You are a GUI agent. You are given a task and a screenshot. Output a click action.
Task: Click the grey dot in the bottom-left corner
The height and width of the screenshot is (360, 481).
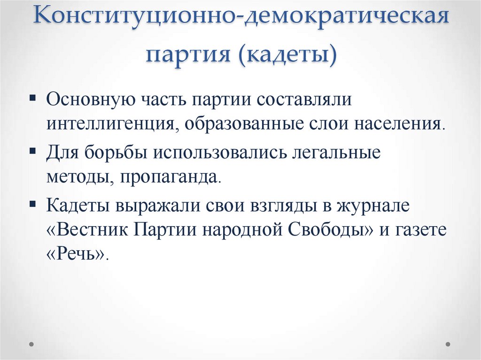[x=32, y=344]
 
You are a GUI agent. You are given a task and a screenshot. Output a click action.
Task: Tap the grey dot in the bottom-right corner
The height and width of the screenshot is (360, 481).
[x=448, y=344]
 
